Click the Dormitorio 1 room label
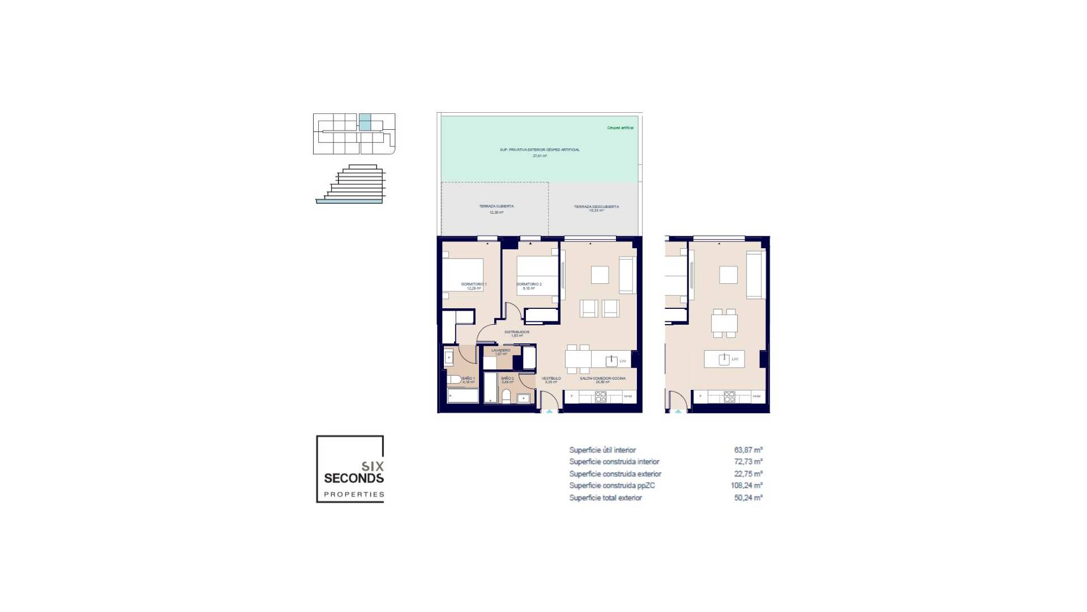coord(473,284)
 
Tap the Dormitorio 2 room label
coord(529,284)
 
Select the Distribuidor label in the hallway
coord(516,332)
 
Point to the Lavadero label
coord(500,350)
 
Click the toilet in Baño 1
coord(453,380)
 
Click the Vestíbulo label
coord(551,378)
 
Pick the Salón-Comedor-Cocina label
coord(602,378)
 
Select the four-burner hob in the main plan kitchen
coord(601,397)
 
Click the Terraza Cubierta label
coord(496,206)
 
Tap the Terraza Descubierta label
coord(596,206)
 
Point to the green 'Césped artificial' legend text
coord(620,128)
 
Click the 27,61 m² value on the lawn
coord(540,155)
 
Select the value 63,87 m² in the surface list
coord(748,450)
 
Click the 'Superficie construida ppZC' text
coord(612,486)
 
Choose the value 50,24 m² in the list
coord(748,498)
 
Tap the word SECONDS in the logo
coord(354,478)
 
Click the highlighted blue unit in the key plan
coord(365,122)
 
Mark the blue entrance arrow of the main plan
coord(549,412)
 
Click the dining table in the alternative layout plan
coord(725,324)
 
